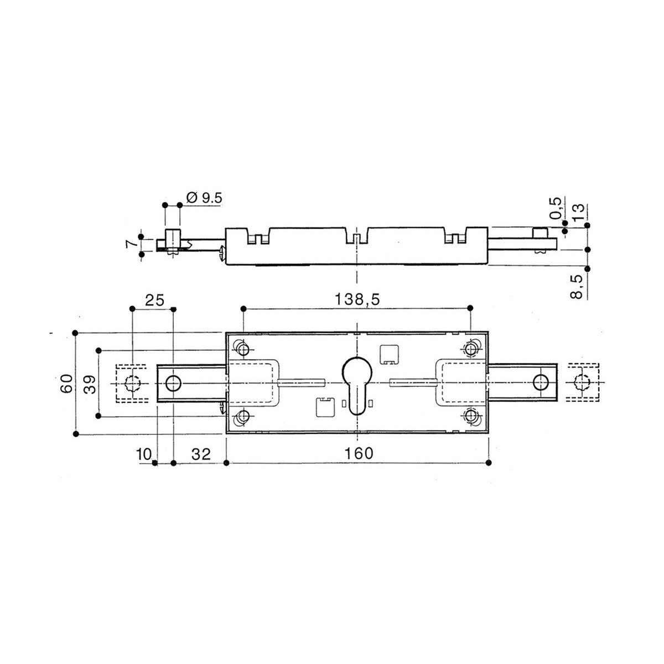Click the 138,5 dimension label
357,300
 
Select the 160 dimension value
359,454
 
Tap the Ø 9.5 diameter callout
204,198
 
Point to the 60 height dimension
66,383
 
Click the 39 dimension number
90,385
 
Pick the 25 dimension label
154,300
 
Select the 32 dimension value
201,454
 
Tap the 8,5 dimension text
577,286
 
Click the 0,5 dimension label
555,208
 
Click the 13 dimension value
578,212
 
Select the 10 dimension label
144,454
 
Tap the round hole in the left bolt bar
173,383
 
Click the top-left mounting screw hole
243,350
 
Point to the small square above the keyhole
388,354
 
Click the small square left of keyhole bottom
325,407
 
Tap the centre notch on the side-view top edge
357,237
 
